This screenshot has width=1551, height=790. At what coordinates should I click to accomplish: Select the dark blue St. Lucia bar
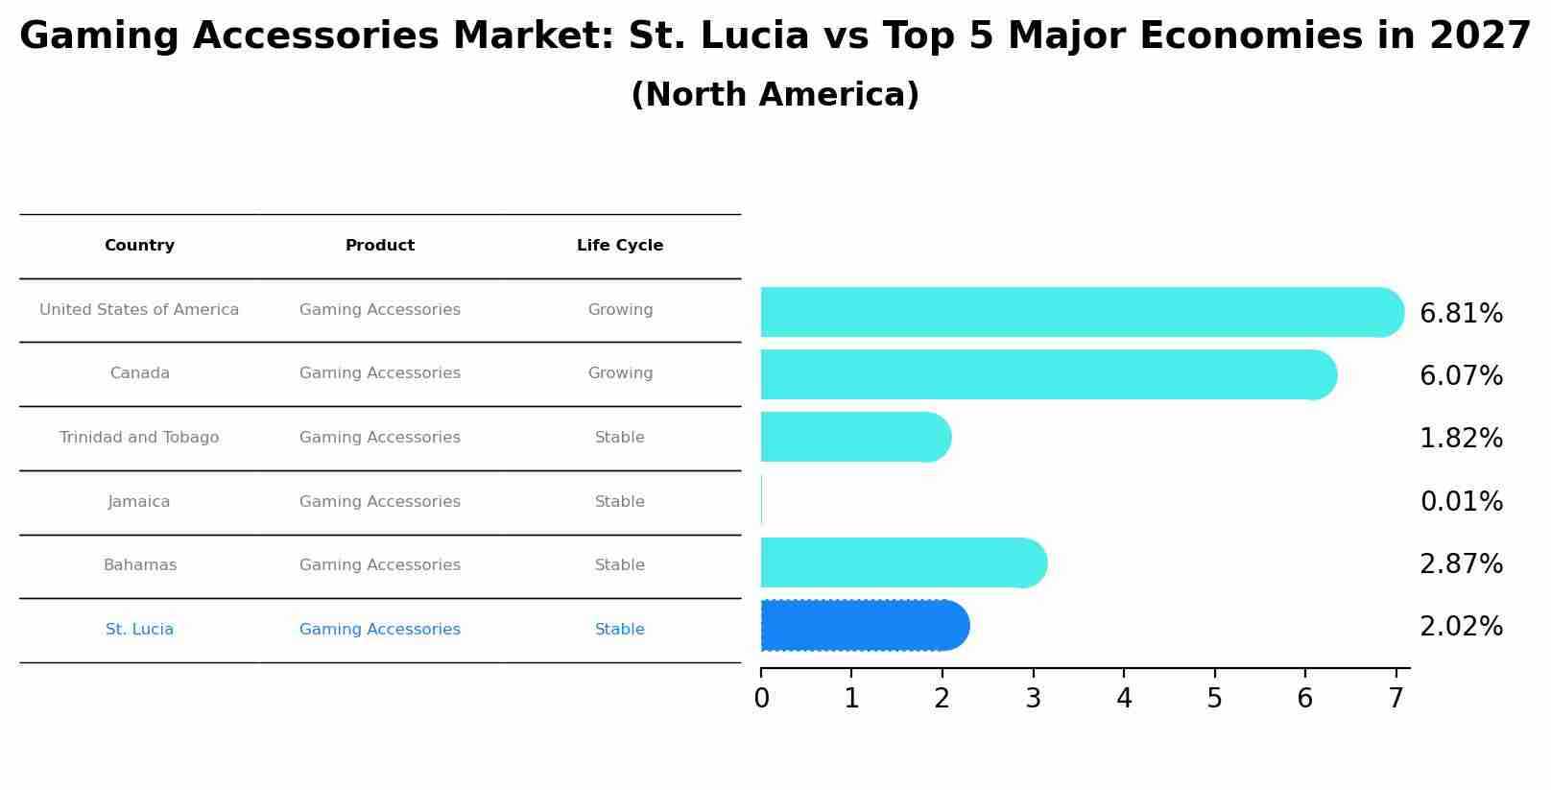[x=864, y=626]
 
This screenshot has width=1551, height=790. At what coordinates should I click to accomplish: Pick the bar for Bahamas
[x=902, y=563]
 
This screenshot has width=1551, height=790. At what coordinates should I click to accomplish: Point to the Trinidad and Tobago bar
[x=854, y=437]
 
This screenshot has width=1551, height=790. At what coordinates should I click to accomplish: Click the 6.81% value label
[x=1461, y=314]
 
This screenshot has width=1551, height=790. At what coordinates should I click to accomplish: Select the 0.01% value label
[x=1461, y=502]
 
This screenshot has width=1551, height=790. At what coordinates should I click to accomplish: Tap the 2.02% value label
[x=1461, y=627]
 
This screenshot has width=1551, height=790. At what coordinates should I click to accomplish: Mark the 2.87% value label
[x=1461, y=564]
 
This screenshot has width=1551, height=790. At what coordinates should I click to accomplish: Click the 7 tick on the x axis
[x=1396, y=699]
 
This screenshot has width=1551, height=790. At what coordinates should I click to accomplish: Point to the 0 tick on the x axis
[x=761, y=699]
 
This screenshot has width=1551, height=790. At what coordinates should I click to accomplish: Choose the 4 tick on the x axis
[x=1124, y=699]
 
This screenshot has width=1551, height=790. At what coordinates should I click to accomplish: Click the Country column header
[x=139, y=246]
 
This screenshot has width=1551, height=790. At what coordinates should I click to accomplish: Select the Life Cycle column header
[x=620, y=246]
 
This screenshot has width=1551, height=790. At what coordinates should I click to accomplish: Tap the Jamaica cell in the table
[x=139, y=502]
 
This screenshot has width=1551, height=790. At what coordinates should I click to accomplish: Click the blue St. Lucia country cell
[x=139, y=630]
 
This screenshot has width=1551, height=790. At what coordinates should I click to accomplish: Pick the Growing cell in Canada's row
[x=620, y=373]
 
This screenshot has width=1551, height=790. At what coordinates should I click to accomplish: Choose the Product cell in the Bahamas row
[x=380, y=565]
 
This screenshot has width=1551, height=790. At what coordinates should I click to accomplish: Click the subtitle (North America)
[x=775, y=95]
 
